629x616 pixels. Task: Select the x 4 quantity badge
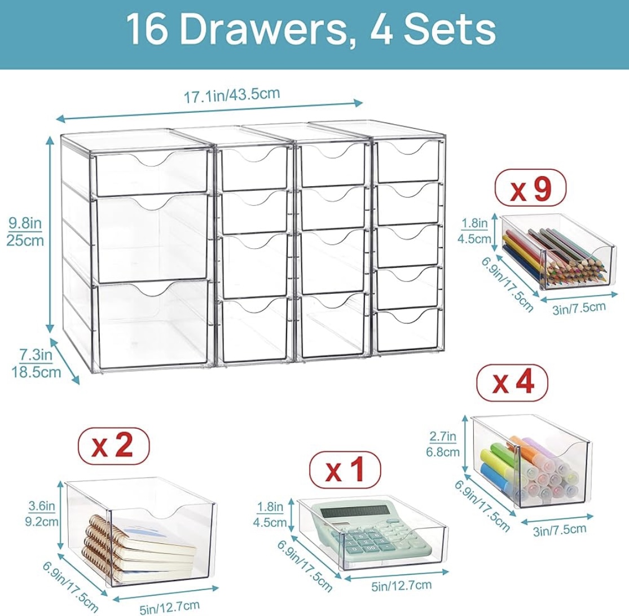pyautogui.click(x=513, y=382)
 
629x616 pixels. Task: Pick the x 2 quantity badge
pyautogui.click(x=114, y=446)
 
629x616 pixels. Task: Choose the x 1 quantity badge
pyautogui.click(x=345, y=470)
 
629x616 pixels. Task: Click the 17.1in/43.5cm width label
pyautogui.click(x=231, y=95)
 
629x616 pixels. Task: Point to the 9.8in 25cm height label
pyautogui.click(x=25, y=232)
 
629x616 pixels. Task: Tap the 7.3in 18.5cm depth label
pyautogui.click(x=36, y=363)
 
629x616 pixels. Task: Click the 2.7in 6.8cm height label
pyautogui.click(x=443, y=443)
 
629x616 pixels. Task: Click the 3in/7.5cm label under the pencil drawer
pyautogui.click(x=578, y=307)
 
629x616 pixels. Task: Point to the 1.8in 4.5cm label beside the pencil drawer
pyautogui.click(x=474, y=231)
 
